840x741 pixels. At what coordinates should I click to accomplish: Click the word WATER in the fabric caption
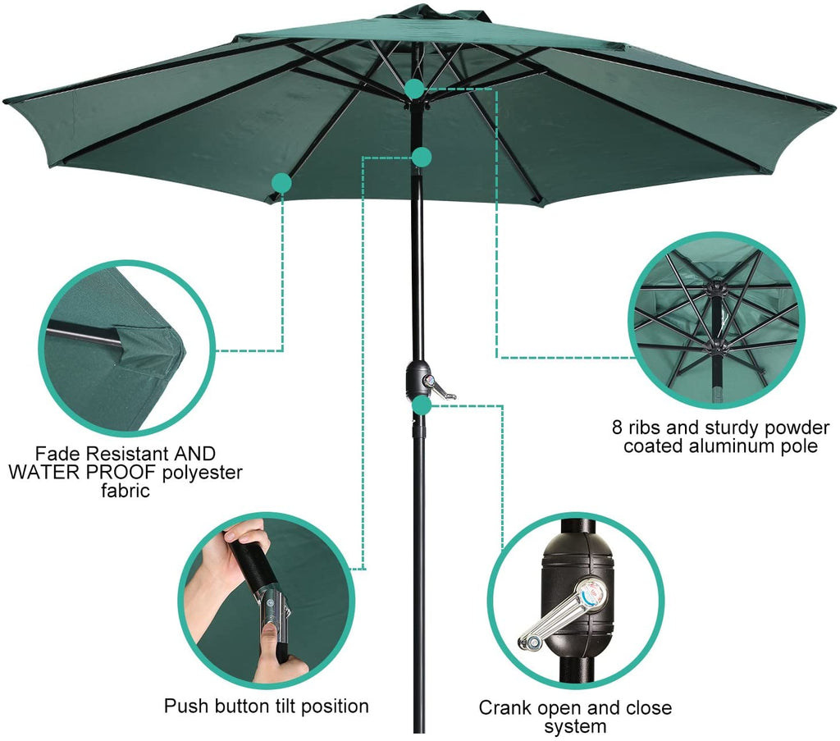39,472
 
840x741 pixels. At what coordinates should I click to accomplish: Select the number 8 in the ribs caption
618,428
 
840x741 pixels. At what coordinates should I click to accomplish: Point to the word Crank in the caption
505,708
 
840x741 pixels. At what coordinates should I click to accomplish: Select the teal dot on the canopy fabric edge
282,183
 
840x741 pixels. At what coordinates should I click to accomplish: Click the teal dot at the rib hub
414,89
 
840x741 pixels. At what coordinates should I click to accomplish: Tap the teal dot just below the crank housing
422,405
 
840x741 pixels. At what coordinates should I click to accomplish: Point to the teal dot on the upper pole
422,157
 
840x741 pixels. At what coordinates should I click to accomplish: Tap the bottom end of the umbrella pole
420,731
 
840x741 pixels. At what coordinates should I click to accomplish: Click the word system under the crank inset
575,727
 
